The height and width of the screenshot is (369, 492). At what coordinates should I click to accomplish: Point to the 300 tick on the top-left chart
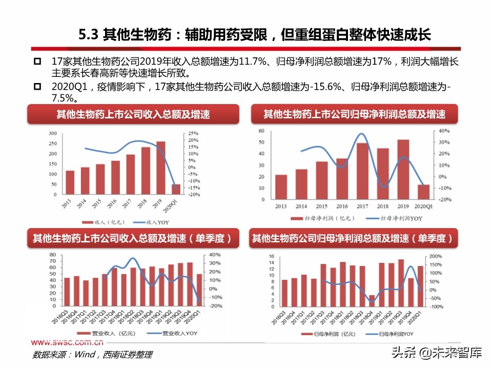pyautogui.click(x=53, y=133)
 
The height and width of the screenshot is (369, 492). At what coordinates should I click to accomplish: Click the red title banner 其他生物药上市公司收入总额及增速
pyautogui.click(x=133, y=114)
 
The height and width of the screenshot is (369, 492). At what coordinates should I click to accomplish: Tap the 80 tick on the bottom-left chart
pyautogui.click(x=53, y=255)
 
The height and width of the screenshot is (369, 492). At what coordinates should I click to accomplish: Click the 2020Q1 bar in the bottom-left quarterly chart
pyautogui.click(x=199, y=290)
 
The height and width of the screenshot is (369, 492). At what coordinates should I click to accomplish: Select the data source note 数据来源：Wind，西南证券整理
pyautogui.click(x=92, y=354)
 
